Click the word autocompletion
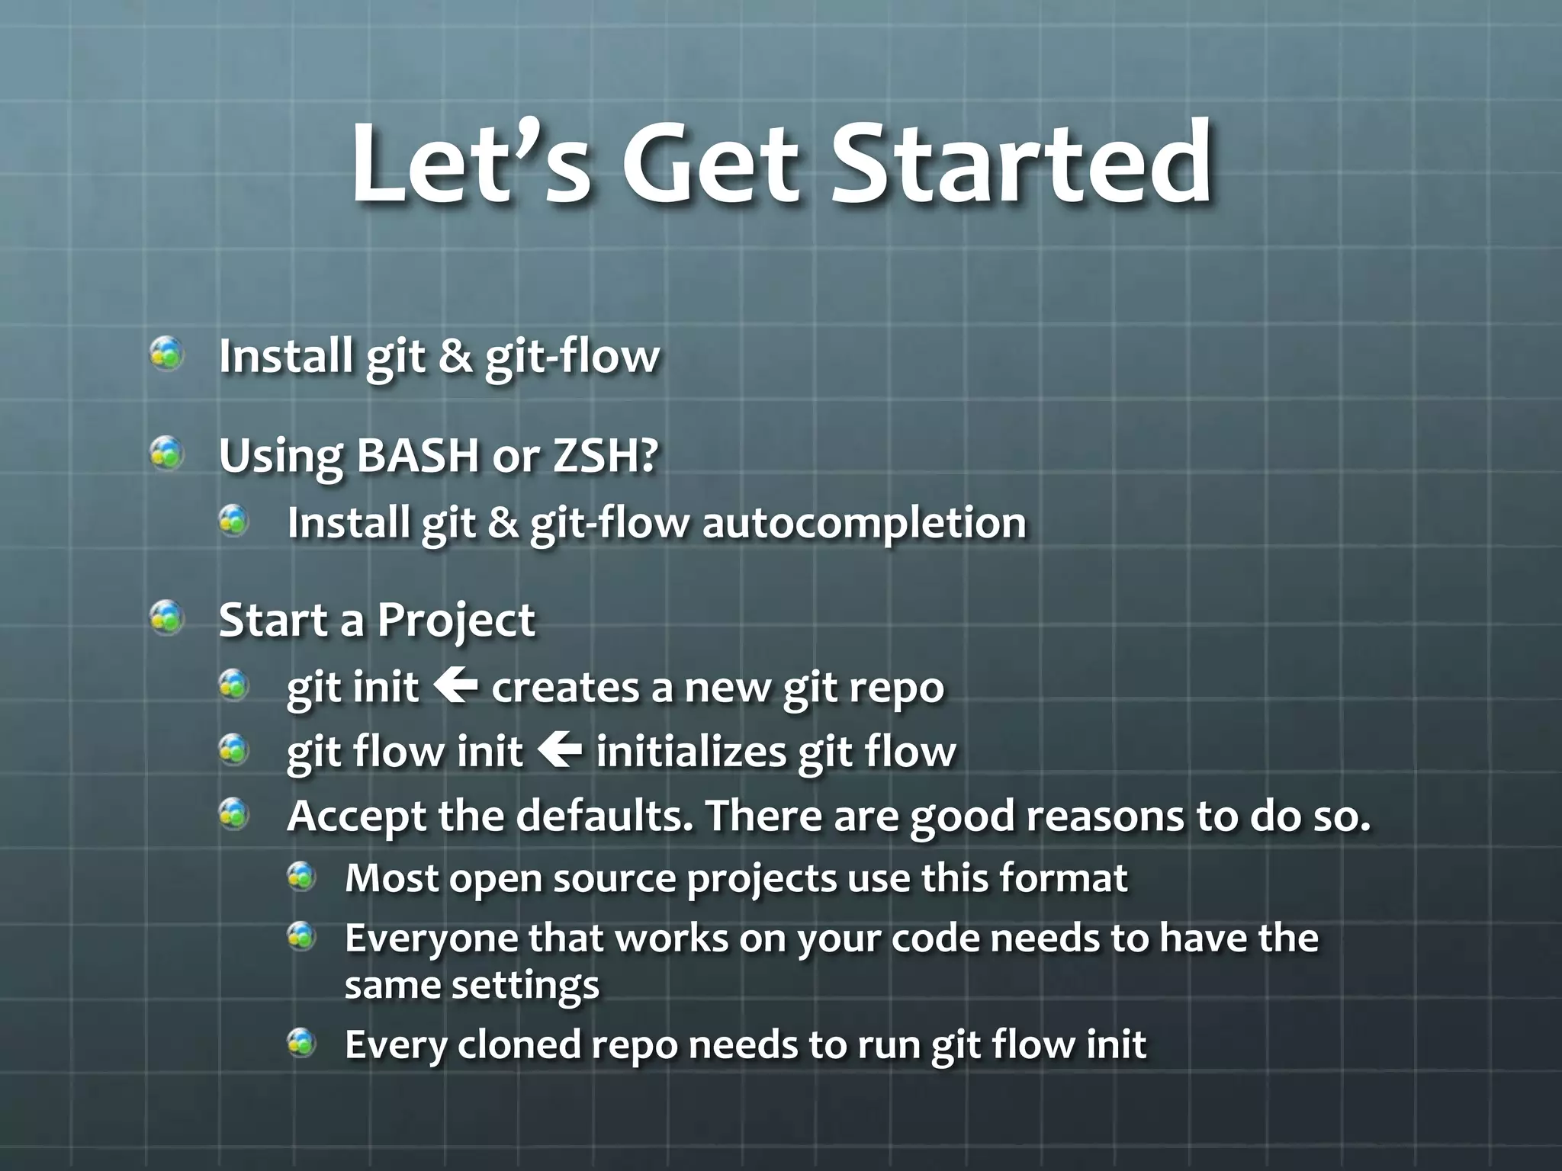click(863, 524)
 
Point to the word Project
click(455, 621)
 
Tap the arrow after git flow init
click(559, 750)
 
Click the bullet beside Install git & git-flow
click(166, 354)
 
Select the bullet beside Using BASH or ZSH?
click(166, 454)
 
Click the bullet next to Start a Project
click(166, 618)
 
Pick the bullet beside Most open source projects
click(302, 877)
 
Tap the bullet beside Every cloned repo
click(302, 1042)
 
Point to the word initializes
click(690, 752)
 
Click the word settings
click(525, 986)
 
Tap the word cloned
click(519, 1044)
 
